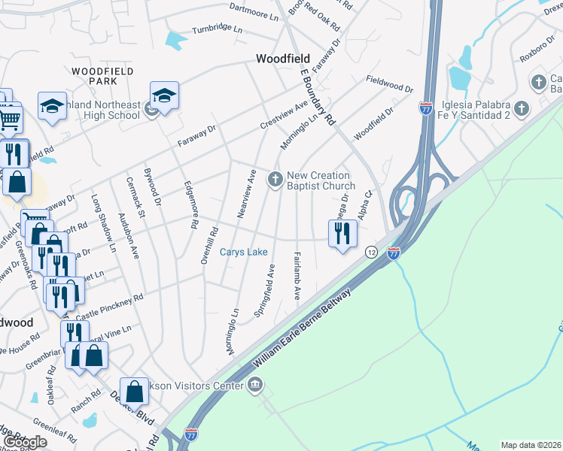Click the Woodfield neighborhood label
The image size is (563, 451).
coord(283,58)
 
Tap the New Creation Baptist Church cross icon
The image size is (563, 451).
coord(275,179)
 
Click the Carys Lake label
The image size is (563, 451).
coord(244,253)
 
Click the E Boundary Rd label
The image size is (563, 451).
coord(317,98)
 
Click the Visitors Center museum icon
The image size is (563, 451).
coord(255,386)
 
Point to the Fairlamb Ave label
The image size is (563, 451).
coord(297,276)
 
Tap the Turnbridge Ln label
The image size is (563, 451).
coord(218,29)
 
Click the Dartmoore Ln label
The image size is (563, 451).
coord(255,10)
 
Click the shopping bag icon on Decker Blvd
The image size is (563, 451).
coord(134,391)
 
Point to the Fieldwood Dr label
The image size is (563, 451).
coord(390,83)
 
